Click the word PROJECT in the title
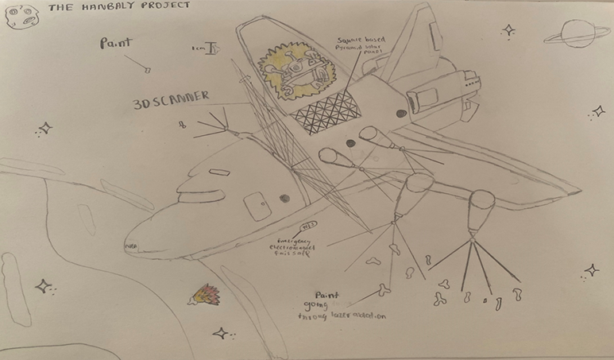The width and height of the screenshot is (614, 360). pos(164,6)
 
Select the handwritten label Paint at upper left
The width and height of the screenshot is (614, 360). pos(116,45)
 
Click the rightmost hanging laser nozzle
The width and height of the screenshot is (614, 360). pos(481,210)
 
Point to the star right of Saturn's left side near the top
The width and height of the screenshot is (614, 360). pos(508,30)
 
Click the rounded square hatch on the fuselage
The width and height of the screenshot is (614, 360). pos(255,204)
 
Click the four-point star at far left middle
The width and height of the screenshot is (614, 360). pos(45,127)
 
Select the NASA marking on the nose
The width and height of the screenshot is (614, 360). pos(131,247)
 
